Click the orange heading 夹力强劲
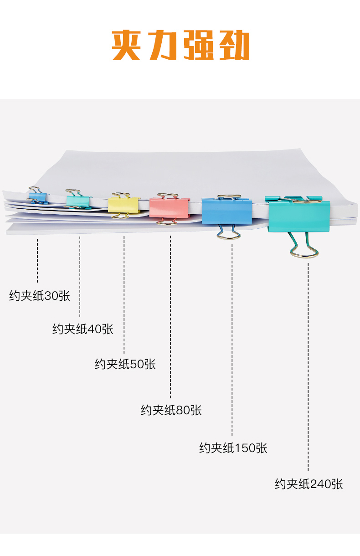pos(180,45)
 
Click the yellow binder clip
pos(123,205)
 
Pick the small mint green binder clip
pos(79,201)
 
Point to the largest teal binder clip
pos(299,216)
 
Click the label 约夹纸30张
pos(40,296)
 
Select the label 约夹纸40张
pos(82,329)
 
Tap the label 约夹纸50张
pos(125,364)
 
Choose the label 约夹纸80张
pos(171,410)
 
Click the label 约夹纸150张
pos(233,448)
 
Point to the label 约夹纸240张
pos(309,484)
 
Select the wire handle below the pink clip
pos(167,221)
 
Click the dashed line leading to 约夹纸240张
pos(308,365)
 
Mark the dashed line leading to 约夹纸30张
pos(37,260)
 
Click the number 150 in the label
pos(246,448)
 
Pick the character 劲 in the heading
pos(233,45)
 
